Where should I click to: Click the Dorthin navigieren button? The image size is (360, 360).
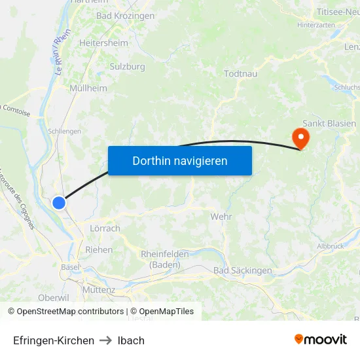(180, 160)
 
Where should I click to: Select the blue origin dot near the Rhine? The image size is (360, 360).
(59, 203)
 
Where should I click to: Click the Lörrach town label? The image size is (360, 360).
(104, 228)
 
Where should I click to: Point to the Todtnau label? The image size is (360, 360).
(240, 74)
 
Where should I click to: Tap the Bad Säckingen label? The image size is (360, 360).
(242, 270)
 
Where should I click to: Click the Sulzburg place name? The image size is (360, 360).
(127, 67)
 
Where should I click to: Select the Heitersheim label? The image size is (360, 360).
(103, 43)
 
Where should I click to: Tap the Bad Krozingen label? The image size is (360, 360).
(125, 16)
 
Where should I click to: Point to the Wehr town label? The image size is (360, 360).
(221, 217)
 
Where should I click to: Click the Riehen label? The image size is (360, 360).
(99, 249)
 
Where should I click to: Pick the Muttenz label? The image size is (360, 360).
(99, 289)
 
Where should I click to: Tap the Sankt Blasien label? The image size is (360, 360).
(330, 123)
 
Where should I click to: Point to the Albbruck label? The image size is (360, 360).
(331, 246)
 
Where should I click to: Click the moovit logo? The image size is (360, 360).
(321, 339)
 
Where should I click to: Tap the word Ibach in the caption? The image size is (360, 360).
(131, 340)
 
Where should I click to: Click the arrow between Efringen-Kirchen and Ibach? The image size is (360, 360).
(106, 340)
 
